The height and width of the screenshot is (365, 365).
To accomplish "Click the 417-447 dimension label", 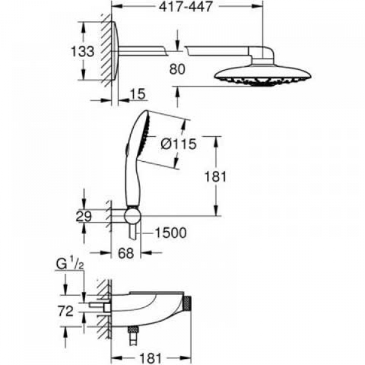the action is click(186, 7).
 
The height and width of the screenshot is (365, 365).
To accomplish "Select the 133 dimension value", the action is click(82, 51).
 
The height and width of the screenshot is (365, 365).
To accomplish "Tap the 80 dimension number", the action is click(178, 69).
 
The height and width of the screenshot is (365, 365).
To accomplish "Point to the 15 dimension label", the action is click(137, 94).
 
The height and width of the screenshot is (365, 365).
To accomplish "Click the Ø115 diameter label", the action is click(179, 144).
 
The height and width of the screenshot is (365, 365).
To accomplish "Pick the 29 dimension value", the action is click(84, 216).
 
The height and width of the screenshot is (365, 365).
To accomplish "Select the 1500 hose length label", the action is click(170, 232).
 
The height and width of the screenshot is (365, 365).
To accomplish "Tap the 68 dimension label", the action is click(126, 253).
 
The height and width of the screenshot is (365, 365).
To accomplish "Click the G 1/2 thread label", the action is click(70, 264).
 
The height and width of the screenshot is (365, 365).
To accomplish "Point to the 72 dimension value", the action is click(66, 311).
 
